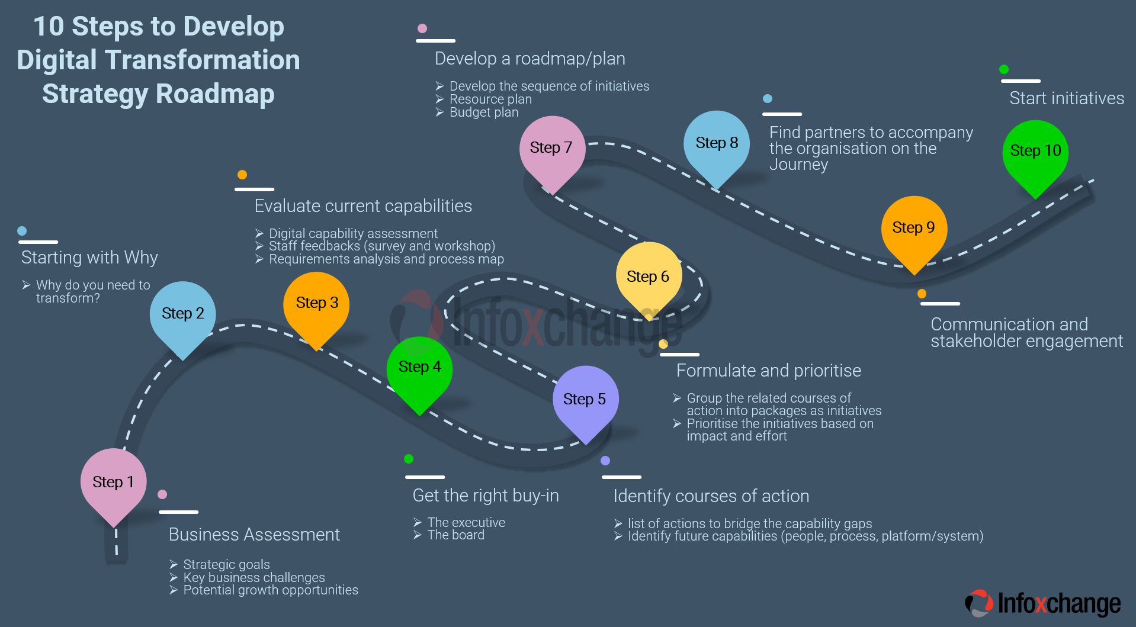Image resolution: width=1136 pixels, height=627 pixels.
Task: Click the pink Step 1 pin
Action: [113, 483]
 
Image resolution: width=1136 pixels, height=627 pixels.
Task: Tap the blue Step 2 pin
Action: [182, 314]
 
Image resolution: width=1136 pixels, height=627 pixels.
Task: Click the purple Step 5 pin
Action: [585, 400]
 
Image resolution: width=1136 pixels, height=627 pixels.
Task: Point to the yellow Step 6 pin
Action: [649, 277]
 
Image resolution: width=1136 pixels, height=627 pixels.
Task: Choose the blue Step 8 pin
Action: [717, 144]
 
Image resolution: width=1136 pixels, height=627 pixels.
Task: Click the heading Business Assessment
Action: [254, 535]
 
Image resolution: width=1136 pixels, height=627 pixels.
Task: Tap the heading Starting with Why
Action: [89, 258]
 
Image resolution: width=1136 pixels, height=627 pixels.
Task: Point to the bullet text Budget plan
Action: [483, 112]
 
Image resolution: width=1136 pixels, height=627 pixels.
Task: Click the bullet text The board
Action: [455, 535]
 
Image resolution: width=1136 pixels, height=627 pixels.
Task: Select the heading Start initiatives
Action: [1066, 98]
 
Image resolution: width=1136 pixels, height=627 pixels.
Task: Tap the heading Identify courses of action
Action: [711, 496]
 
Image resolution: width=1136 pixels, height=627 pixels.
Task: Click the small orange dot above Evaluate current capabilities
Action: [242, 175]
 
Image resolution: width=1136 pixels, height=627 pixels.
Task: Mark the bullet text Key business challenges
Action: [253, 577]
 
